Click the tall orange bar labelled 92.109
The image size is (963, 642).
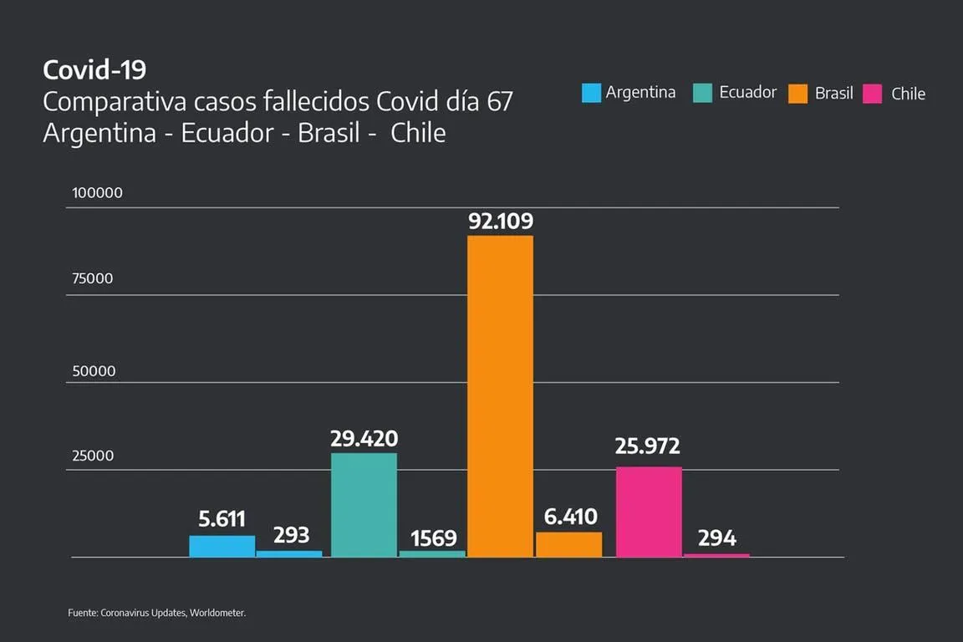click(500, 396)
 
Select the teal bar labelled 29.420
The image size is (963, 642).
click(364, 505)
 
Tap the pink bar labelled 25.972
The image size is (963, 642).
click(649, 512)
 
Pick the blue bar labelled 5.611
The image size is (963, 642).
click(222, 546)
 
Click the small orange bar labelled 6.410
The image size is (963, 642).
click(568, 544)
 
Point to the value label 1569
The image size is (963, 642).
click(433, 538)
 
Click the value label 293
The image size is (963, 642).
click(291, 535)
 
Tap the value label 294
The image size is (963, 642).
click(716, 538)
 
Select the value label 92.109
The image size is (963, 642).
click(501, 222)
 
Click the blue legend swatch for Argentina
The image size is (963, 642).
click(591, 93)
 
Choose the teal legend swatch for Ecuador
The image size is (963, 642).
click(702, 93)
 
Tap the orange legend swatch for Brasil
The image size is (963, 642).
click(797, 94)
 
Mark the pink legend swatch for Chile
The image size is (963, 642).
click(872, 94)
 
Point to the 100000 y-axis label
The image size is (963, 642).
click(97, 193)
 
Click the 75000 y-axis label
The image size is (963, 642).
click(92, 279)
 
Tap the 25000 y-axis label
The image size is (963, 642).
click(92, 456)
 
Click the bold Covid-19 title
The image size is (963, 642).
click(94, 69)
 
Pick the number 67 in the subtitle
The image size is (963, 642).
click(499, 102)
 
